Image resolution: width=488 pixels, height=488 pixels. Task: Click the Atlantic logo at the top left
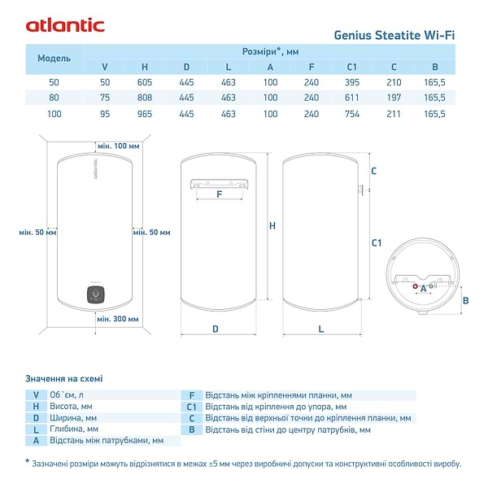point(65,25)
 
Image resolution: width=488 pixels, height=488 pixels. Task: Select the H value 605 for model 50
point(145,82)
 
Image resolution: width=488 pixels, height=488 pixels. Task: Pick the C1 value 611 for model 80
point(352,98)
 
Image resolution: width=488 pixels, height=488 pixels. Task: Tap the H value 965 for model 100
point(145,114)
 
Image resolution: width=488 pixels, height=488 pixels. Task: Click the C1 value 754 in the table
point(352,114)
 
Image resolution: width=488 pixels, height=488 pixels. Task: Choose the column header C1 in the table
point(352,66)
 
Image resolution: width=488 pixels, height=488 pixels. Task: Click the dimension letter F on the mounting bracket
point(220,194)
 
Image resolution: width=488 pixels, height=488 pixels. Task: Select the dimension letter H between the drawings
point(272,226)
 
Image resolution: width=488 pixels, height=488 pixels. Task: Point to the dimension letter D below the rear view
point(215,329)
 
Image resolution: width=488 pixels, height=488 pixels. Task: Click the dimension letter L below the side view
point(320,329)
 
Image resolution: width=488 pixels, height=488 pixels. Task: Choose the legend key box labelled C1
point(192,406)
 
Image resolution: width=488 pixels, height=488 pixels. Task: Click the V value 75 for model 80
point(104,98)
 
